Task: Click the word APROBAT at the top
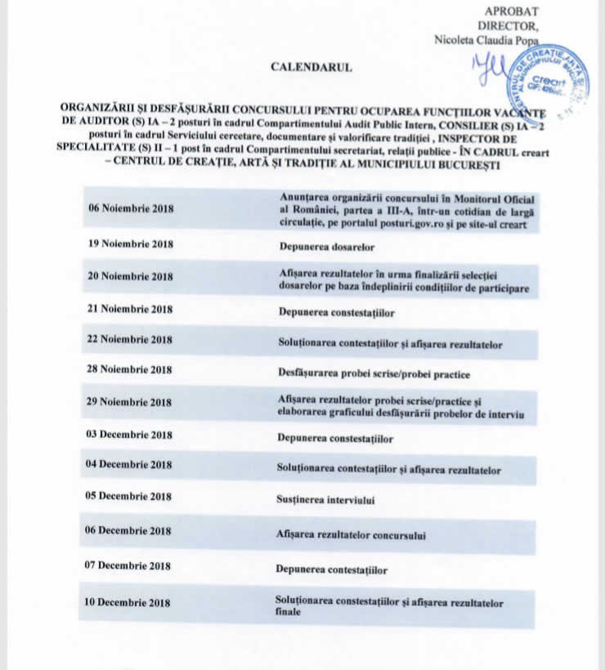pyautogui.click(x=511, y=11)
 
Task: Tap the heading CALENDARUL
pyautogui.click(x=311, y=67)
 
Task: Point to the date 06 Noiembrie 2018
pyautogui.click(x=131, y=208)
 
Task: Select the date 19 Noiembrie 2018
pyautogui.click(x=131, y=243)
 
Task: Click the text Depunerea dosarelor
pyautogui.click(x=326, y=245)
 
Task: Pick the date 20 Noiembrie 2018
pyautogui.click(x=131, y=276)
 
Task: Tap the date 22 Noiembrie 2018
pyautogui.click(x=131, y=339)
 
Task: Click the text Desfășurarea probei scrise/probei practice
pyautogui.click(x=374, y=374)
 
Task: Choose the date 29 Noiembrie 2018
pyautogui.click(x=131, y=402)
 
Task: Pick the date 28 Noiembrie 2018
pyautogui.click(x=131, y=369)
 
